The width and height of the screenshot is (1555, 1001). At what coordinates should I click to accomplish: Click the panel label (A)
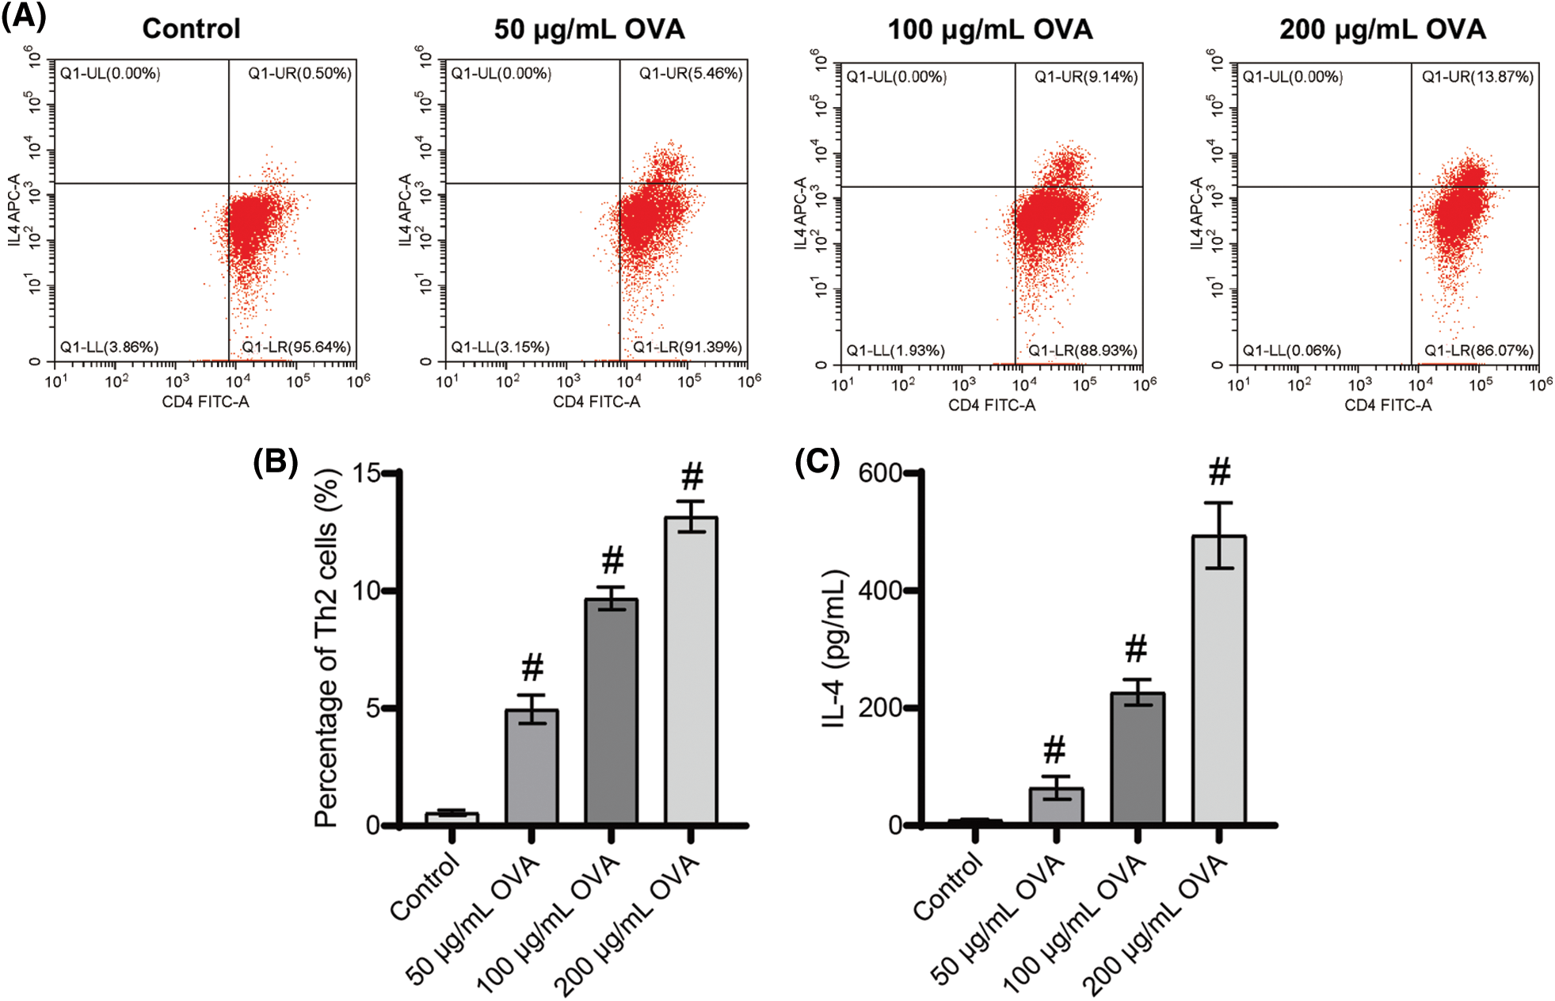coord(24,16)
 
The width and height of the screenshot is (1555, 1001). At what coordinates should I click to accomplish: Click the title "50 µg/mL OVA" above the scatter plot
coord(589,29)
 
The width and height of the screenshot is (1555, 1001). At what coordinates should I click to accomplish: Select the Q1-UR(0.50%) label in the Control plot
coord(299,74)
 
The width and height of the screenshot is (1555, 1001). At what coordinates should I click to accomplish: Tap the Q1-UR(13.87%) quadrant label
coord(1477,77)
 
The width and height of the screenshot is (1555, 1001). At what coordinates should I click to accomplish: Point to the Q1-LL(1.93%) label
coord(895,350)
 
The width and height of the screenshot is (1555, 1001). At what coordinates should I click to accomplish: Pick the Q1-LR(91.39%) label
coord(687,347)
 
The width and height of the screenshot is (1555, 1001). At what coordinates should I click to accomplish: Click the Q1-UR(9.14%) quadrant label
coord(1086,77)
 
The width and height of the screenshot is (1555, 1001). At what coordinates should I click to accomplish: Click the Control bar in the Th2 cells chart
coord(452,818)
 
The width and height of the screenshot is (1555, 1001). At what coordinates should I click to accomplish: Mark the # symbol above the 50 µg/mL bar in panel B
coord(532,668)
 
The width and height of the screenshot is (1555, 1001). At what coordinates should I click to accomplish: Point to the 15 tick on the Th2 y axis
coord(368,473)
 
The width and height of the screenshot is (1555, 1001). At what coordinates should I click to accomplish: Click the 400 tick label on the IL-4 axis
coord(880,590)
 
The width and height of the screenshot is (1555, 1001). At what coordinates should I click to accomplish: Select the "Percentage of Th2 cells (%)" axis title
coord(326,648)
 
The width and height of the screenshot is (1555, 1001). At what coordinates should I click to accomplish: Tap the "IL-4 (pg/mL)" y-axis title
coord(835,648)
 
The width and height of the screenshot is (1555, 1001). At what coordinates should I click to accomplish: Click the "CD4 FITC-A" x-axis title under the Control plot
coord(205,402)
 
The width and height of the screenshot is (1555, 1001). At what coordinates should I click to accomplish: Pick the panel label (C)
coord(817,461)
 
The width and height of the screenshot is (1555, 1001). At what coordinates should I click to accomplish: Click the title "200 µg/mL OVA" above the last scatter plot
coord(1382,29)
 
